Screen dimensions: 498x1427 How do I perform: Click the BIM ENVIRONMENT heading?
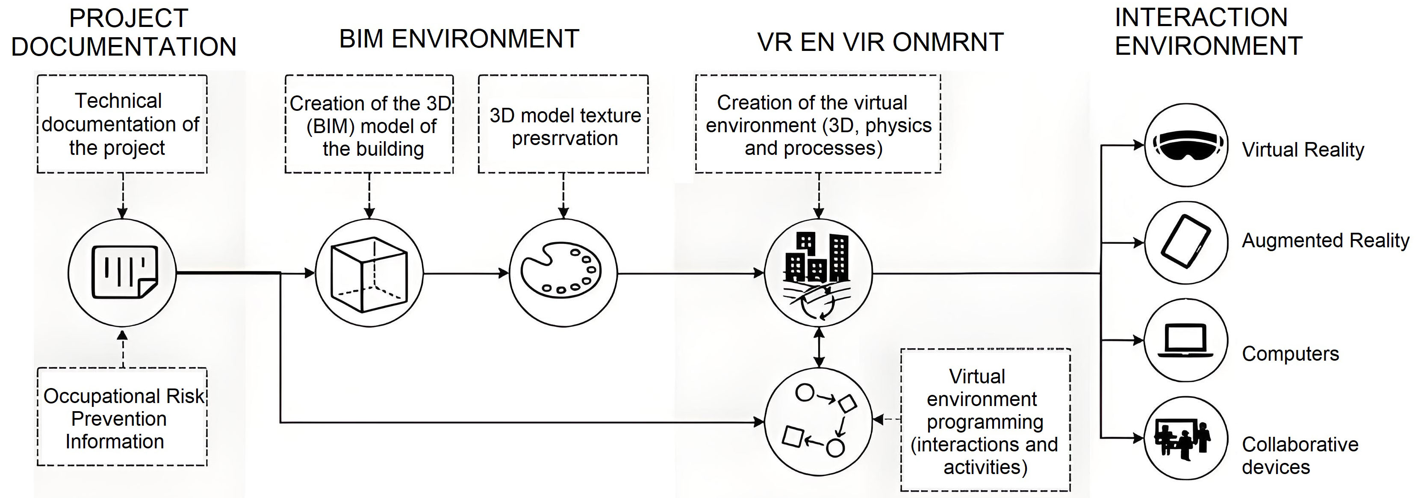click(459, 39)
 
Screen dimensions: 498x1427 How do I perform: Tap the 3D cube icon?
click(369, 273)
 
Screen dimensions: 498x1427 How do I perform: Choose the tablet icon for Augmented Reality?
click(1186, 242)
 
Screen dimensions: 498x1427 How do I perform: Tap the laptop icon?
click(1186, 340)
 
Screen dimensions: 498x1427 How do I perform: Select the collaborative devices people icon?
click(1186, 438)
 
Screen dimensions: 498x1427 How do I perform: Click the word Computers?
click(1290, 354)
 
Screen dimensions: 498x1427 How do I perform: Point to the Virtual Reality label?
click(1302, 150)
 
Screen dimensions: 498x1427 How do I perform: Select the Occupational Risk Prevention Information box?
click(122, 418)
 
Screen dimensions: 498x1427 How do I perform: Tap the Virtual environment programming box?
click(985, 421)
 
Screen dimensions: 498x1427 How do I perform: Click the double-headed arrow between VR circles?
click(819, 347)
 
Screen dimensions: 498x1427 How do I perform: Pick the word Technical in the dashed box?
click(118, 101)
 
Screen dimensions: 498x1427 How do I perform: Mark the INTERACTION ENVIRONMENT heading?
click(1208, 32)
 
